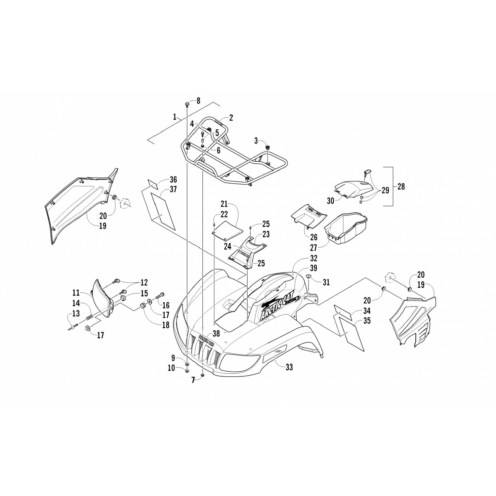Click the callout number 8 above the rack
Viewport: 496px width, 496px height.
[x=198, y=101]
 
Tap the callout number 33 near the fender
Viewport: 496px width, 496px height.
[x=289, y=367]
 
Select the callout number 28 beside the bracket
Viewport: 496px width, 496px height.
[x=401, y=186]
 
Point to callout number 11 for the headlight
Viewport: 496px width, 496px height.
[x=76, y=293]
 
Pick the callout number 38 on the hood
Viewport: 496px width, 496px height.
[x=216, y=334]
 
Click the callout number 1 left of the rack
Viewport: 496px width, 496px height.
[x=174, y=117]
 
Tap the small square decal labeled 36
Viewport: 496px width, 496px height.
[x=154, y=184]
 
